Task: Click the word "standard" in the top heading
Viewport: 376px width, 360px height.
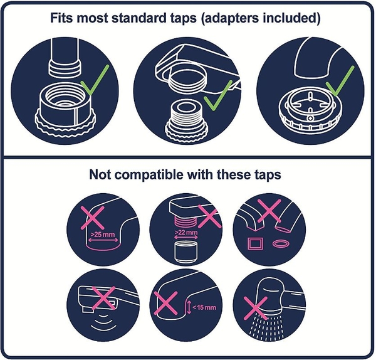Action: point(154,18)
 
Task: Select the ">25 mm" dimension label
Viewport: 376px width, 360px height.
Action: point(102,234)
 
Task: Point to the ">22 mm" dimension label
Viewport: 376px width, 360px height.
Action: point(186,232)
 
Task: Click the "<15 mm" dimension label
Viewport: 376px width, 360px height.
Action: point(204,307)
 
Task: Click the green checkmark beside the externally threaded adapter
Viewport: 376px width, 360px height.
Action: point(218,95)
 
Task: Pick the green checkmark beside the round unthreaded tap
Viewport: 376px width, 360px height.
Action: point(340,81)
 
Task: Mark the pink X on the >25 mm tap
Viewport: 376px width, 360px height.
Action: point(93,218)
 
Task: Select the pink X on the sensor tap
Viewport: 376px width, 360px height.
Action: point(103,299)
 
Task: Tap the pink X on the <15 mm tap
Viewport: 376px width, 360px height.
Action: point(166,303)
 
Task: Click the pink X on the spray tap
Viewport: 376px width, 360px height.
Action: point(256,308)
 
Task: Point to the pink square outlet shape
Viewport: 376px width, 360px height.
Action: point(255,243)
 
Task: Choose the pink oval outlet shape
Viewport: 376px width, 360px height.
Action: point(281,244)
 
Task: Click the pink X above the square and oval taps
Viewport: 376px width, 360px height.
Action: point(269,211)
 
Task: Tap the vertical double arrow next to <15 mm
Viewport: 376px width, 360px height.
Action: point(189,307)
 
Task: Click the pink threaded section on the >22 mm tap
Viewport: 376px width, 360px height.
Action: point(185,221)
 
